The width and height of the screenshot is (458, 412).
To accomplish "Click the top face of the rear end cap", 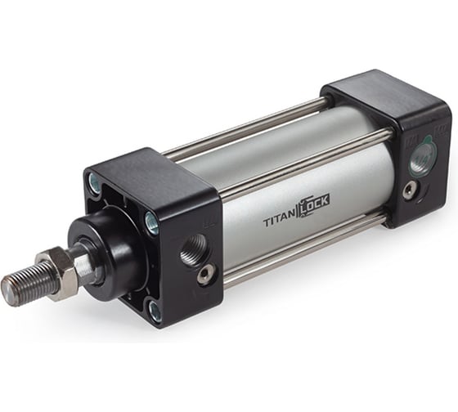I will pyautogui.click(x=384, y=89).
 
